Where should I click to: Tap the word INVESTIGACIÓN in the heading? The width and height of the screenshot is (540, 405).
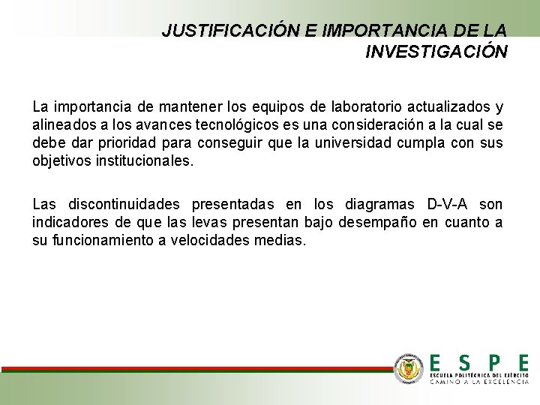[x=436, y=52]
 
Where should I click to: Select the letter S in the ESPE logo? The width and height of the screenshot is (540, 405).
[x=464, y=361]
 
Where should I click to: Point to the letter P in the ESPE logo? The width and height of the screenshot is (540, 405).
[x=494, y=361]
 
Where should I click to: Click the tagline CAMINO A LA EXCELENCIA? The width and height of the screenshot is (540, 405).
[x=479, y=381]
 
